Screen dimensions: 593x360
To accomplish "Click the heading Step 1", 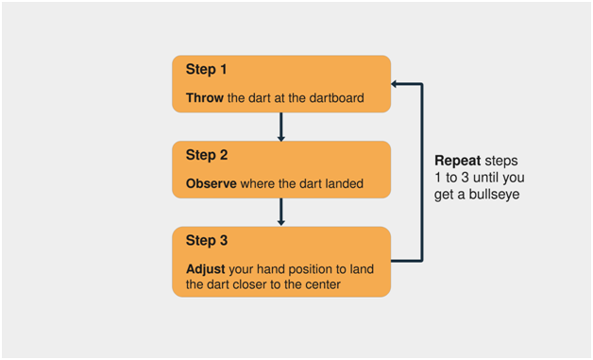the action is (x=206, y=70).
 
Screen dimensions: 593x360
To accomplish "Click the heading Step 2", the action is (x=207, y=155).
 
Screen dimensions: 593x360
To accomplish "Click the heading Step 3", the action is (x=207, y=241).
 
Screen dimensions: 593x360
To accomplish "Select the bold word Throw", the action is (x=205, y=98).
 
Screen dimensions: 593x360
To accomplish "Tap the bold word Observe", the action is (x=211, y=183).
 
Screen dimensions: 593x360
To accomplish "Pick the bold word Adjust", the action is (x=205, y=269).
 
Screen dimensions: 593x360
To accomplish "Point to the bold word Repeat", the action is (x=458, y=162).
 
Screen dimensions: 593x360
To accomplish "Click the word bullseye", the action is (x=494, y=195).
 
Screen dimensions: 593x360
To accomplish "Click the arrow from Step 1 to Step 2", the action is (x=281, y=127).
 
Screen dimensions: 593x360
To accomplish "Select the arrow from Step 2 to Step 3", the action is (x=281, y=212).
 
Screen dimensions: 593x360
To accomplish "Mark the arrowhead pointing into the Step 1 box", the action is (x=394, y=84).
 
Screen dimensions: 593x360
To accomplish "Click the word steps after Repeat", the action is (x=501, y=162).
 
